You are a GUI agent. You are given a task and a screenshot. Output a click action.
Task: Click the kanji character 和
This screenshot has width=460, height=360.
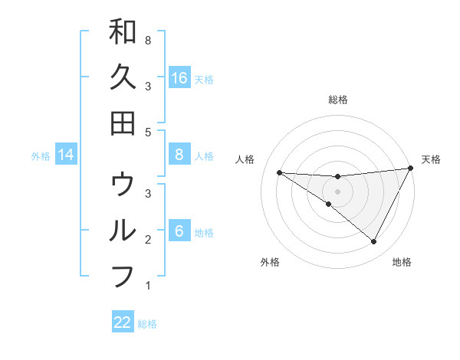(x=123, y=32)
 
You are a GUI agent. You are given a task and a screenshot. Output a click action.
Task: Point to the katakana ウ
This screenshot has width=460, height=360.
(x=123, y=184)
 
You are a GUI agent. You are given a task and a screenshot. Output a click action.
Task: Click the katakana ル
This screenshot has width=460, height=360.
(x=123, y=230)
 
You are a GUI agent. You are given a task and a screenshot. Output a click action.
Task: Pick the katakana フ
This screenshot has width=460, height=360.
(x=123, y=276)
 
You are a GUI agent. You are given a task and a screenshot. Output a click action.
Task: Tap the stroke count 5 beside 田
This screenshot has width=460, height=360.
(x=147, y=132)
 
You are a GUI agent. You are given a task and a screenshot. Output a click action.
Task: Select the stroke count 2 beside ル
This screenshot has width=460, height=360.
(x=147, y=240)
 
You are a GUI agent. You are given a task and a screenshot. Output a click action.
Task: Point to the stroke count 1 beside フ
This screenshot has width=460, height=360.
(x=147, y=286)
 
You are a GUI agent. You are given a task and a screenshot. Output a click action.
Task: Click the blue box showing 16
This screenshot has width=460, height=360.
(x=179, y=77)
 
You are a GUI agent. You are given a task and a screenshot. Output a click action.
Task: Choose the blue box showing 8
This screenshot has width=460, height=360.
(x=179, y=155)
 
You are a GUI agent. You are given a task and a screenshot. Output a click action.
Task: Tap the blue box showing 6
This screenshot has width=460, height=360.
(x=179, y=231)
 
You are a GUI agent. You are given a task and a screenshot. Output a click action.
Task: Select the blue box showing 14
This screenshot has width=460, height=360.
(x=66, y=155)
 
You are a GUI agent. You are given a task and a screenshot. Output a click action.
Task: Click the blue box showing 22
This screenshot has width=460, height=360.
(x=123, y=322)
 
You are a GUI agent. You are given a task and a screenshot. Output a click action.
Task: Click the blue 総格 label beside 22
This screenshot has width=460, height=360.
(x=147, y=324)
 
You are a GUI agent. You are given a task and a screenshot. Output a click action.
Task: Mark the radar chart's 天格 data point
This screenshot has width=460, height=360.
(x=411, y=169)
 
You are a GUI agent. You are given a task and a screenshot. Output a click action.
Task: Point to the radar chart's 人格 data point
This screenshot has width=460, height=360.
(x=279, y=172)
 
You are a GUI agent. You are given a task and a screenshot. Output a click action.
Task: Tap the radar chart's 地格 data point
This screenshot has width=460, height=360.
(x=374, y=242)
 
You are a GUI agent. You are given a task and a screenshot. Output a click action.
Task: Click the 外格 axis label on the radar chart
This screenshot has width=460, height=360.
(x=270, y=262)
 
